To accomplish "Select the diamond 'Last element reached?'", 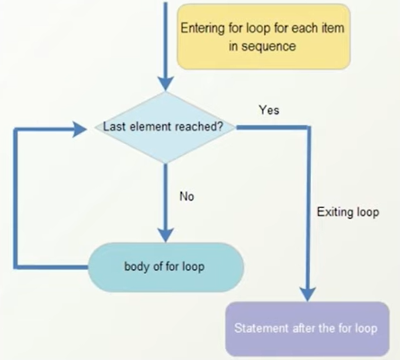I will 166,127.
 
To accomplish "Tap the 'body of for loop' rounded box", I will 166,267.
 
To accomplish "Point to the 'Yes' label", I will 268,110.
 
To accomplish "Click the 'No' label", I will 186,195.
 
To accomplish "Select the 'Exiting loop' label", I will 348,212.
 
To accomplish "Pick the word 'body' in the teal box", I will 136,267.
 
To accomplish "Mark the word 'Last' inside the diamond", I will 116,127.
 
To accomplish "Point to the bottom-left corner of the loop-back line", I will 15,267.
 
